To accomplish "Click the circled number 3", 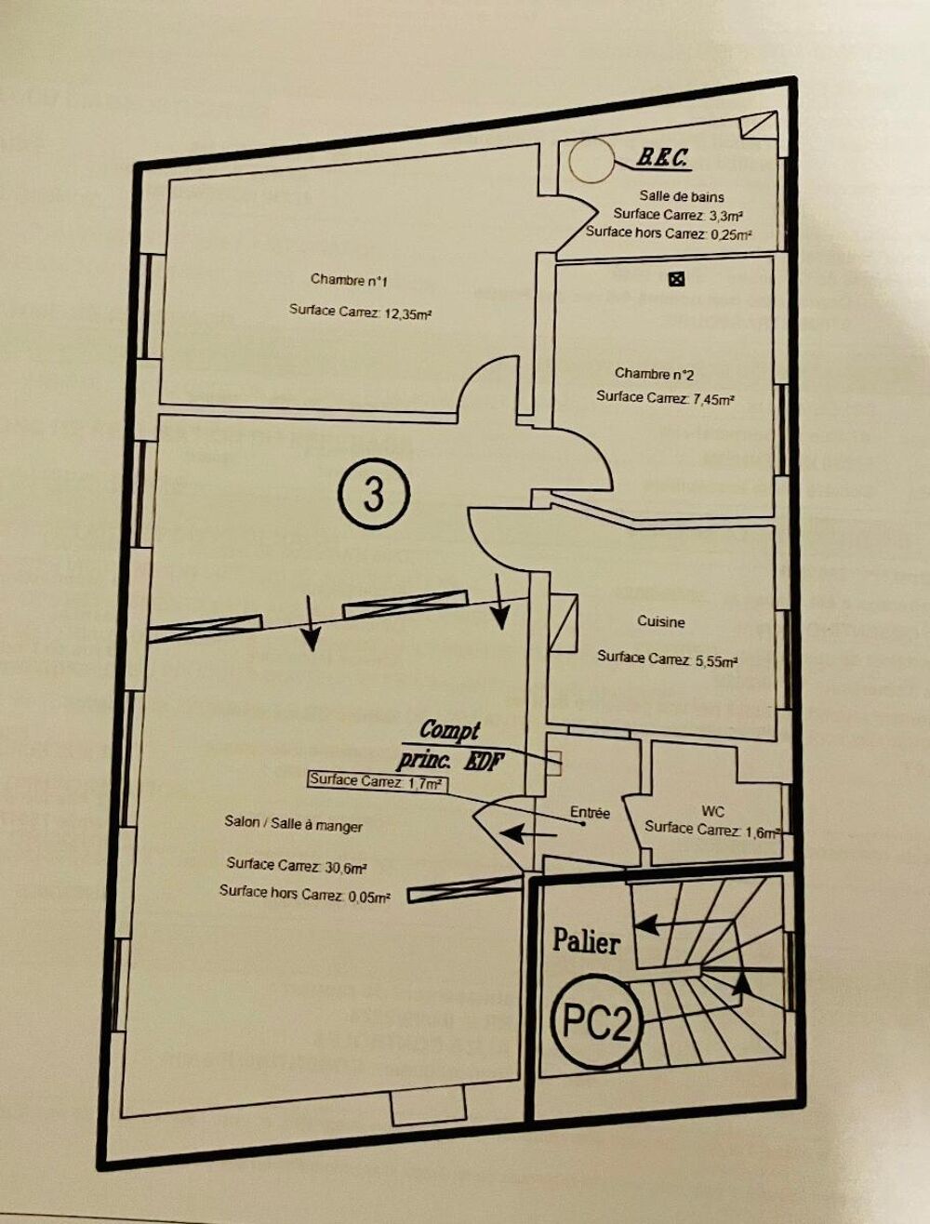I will pyautogui.click(x=374, y=494).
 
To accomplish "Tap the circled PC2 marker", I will pyautogui.click(x=598, y=1022).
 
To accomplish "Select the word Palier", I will pyautogui.click(x=586, y=940).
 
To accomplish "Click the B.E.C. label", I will pyautogui.click(x=662, y=159).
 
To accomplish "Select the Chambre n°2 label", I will pyautogui.click(x=654, y=374).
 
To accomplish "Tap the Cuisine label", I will pyautogui.click(x=661, y=621).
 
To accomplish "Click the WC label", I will pyautogui.click(x=712, y=810).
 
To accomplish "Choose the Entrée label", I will pyautogui.click(x=590, y=812).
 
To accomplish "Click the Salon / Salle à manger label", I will pyautogui.click(x=293, y=824).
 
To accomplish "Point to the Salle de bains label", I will pyautogui.click(x=682, y=196).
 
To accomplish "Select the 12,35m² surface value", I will pyautogui.click(x=409, y=314).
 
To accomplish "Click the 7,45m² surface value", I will pyautogui.click(x=714, y=400).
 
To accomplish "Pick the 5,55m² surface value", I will pyautogui.click(x=716, y=661).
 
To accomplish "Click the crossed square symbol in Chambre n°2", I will pyautogui.click(x=677, y=278).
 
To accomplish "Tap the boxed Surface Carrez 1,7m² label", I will pyautogui.click(x=375, y=781).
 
